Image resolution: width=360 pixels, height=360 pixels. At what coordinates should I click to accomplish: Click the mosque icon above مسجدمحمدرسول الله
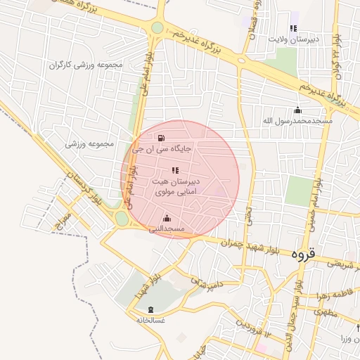click(x=297, y=110)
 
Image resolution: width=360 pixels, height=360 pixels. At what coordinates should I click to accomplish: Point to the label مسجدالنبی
click(x=166, y=229)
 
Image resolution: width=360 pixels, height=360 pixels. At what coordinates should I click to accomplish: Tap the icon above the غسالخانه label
click(x=151, y=309)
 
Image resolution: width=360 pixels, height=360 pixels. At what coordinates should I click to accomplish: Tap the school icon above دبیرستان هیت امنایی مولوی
click(x=175, y=170)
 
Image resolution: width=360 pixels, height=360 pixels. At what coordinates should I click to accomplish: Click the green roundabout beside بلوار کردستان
click(x=122, y=219)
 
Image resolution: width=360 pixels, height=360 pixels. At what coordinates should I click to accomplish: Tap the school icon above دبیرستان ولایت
click(x=293, y=28)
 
